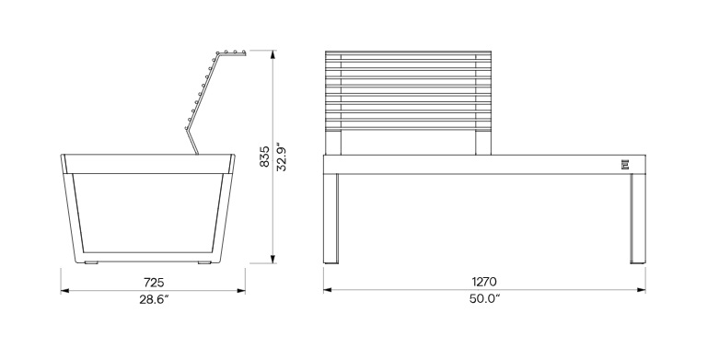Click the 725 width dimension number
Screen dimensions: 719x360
(154, 282)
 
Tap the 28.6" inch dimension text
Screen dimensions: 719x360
(154, 299)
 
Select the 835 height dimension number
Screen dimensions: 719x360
(264, 157)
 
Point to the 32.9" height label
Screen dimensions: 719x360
(282, 157)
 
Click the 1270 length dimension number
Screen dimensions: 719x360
(483, 281)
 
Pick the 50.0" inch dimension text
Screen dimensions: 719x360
(484, 298)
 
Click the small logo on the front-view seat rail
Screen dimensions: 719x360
(625, 165)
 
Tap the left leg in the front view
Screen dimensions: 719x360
(331, 219)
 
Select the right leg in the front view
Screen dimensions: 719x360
(637, 219)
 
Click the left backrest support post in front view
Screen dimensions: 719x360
(333, 143)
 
